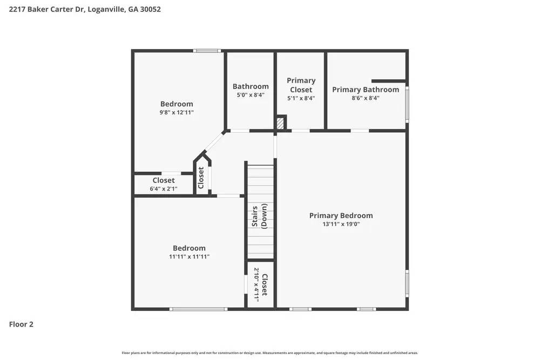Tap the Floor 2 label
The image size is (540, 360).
[x=21, y=324]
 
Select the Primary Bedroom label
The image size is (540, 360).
[x=341, y=215]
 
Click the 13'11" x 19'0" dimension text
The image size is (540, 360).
[x=341, y=224]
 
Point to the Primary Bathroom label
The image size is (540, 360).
[x=366, y=90]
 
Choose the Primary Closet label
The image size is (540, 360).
[x=301, y=85]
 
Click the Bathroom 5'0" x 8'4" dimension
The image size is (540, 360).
[x=251, y=95]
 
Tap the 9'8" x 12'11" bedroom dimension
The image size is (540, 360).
[x=177, y=112]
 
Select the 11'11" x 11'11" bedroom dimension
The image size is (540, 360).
[x=189, y=257]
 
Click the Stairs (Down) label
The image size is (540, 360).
[x=259, y=216]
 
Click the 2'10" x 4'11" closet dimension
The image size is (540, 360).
[x=256, y=284]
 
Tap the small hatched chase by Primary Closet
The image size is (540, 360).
[x=280, y=124]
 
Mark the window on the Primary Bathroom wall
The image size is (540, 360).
[x=407, y=104]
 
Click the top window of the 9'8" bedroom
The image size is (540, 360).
[x=207, y=51]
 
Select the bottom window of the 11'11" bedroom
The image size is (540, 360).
[x=198, y=309]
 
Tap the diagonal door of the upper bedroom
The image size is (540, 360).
[x=214, y=142]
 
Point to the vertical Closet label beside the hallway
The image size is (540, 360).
[x=201, y=177]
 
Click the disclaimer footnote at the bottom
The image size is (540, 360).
[x=270, y=353]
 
